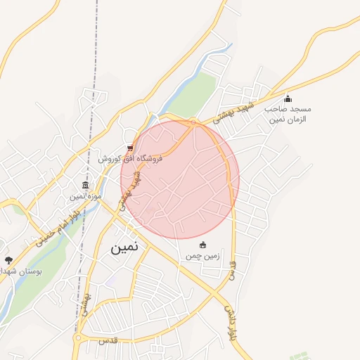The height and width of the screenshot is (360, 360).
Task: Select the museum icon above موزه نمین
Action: [85, 186]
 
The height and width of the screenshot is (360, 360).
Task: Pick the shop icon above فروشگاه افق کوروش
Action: [129, 148]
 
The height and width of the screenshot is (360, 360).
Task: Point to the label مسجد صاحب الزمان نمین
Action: [288, 114]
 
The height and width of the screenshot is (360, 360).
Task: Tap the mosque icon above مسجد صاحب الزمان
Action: [288, 99]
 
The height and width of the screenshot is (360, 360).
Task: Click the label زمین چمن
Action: [203, 256]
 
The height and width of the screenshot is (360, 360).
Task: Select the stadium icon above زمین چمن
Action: [203, 245]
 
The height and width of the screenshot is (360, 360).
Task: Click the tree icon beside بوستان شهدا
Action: [8, 260]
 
